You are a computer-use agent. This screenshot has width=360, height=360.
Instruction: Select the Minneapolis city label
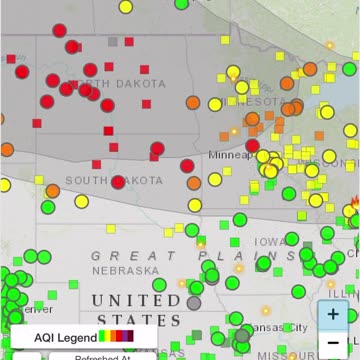click(232, 156)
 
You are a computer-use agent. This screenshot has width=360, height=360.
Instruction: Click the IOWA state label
click(268, 242)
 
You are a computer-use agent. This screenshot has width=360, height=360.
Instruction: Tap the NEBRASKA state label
click(125, 270)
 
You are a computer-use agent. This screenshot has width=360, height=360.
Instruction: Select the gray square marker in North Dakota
click(113, 42)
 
